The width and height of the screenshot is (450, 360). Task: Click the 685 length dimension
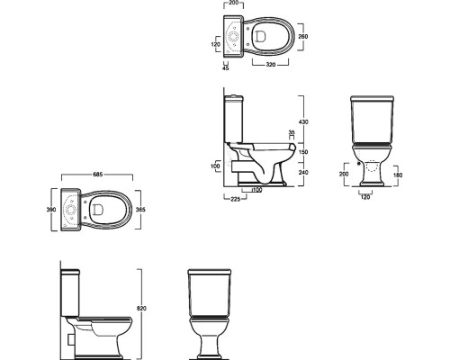pos(98,174)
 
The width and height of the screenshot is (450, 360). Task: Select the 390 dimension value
pos(51,210)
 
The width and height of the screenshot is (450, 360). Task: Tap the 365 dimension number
pos(140,210)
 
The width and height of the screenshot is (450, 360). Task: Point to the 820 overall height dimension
pos(141,308)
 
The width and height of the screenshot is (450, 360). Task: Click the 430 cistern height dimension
pos(303,121)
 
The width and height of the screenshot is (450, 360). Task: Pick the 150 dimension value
pos(303,152)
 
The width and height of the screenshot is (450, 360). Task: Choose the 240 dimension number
pos(303,172)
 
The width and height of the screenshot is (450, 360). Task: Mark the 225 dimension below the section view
pos(236,199)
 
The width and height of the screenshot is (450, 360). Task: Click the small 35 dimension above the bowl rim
pos(291,131)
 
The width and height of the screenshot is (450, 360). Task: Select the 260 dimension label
pos(303,37)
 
